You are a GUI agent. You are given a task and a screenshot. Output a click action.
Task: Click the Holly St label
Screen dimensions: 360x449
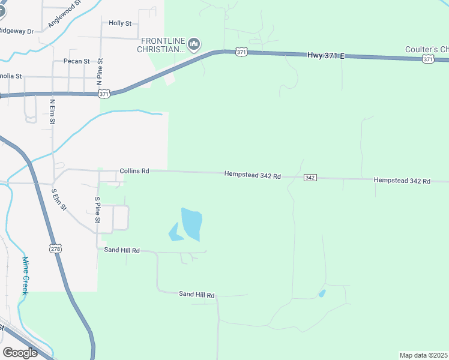tap(120, 23)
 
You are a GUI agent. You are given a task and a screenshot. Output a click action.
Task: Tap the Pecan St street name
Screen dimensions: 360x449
tap(76, 61)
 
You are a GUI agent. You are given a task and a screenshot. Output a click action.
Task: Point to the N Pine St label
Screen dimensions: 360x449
tap(100, 72)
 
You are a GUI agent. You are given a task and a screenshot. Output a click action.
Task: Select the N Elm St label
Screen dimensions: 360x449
tap(52, 111)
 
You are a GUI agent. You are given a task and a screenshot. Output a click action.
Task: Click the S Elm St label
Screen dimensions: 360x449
tap(59, 199)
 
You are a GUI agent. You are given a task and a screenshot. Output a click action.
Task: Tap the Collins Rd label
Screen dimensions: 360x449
tap(134, 171)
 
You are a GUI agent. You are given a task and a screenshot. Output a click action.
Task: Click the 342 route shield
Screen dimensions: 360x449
tap(310, 178)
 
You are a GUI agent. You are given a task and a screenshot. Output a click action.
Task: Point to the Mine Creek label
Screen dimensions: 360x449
tap(25, 275)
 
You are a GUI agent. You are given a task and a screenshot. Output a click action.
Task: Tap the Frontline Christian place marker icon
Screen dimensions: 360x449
tap(194, 44)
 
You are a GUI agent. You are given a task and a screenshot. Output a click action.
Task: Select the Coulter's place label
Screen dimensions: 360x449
tap(427, 49)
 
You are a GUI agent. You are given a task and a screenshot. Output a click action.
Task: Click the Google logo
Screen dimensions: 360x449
tap(20, 352)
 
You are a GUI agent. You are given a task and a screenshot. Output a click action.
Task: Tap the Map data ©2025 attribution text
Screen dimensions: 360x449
tap(423, 355)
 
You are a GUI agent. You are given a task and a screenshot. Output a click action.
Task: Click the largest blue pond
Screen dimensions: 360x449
tap(192, 224)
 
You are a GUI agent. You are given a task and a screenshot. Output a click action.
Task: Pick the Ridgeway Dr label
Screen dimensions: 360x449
tap(16, 30)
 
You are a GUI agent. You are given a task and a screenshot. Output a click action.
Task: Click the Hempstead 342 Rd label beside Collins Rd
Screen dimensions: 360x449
tap(253, 175)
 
